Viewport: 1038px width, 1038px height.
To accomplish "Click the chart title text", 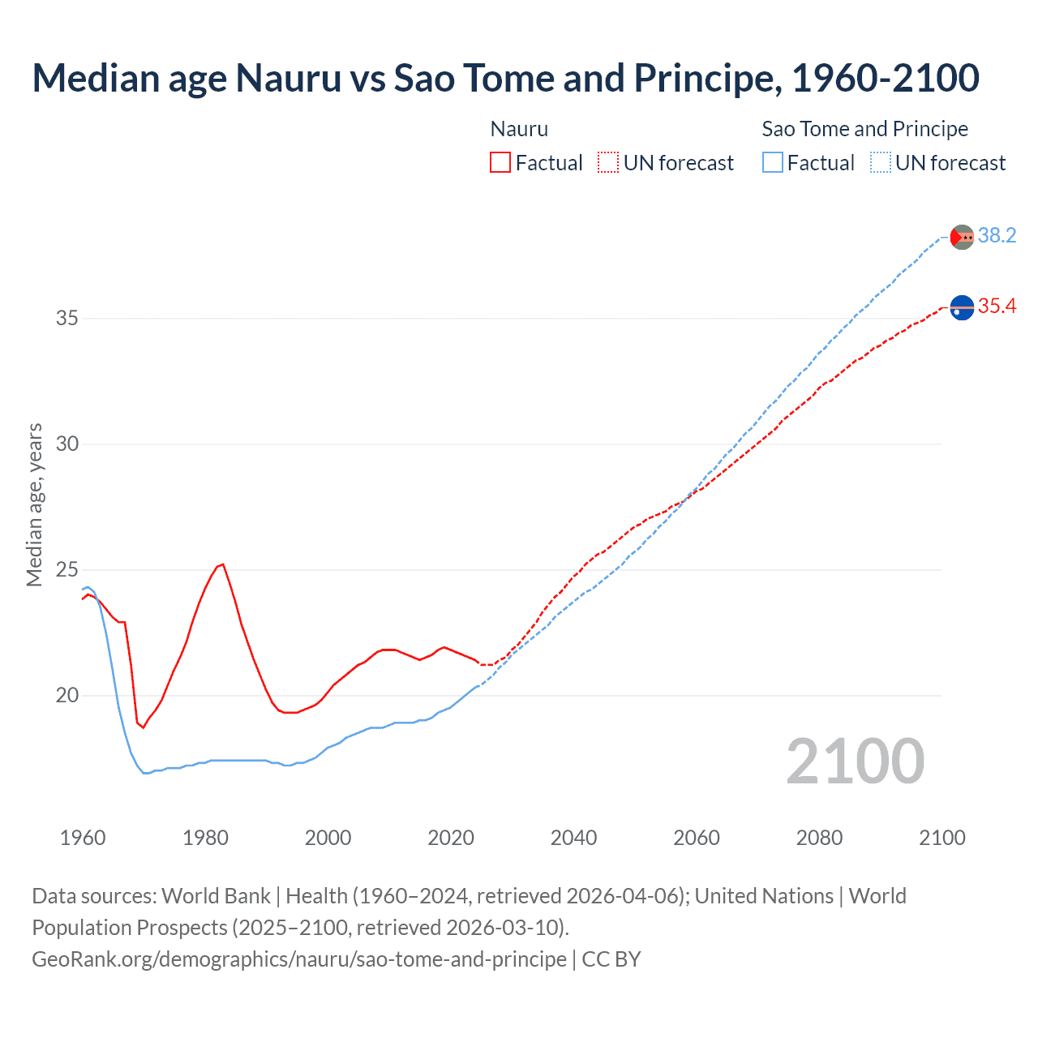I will click(x=505, y=78).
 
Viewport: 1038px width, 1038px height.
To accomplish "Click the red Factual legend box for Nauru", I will click(x=500, y=162).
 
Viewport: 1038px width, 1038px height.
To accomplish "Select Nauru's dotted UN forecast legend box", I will click(x=608, y=162).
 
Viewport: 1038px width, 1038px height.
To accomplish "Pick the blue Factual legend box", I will click(x=773, y=162).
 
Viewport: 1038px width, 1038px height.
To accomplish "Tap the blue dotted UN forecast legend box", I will click(x=881, y=162).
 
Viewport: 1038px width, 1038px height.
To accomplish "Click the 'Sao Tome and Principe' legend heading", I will click(x=864, y=129).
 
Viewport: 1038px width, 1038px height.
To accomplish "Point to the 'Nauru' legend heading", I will click(x=519, y=129).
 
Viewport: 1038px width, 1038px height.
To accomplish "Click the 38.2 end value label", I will click(x=997, y=235).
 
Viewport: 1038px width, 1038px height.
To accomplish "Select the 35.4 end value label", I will click(x=997, y=306).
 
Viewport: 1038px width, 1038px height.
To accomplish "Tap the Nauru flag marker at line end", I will click(x=962, y=308).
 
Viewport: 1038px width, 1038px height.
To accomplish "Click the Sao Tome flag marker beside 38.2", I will click(x=962, y=237).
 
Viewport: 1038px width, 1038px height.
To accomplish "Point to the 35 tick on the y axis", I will click(x=67, y=318).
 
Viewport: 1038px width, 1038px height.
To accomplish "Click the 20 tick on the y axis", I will click(x=67, y=695).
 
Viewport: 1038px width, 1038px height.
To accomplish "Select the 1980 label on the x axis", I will click(x=205, y=838).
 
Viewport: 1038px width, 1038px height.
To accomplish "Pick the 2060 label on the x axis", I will click(x=697, y=838).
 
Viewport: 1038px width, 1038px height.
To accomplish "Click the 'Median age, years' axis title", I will click(x=34, y=504).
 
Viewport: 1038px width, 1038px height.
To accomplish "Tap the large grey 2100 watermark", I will click(x=855, y=761).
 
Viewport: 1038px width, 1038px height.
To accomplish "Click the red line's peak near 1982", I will click(x=222, y=564).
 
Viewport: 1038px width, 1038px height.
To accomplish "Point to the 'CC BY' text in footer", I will click(x=611, y=959).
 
